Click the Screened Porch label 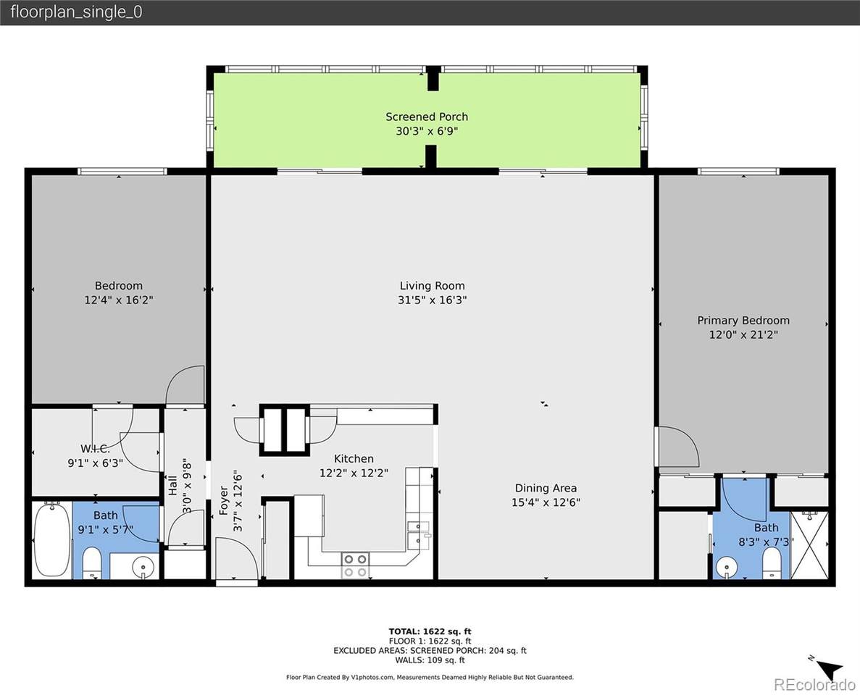426,117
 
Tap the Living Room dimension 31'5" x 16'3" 432,300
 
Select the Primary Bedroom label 743,320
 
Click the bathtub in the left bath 51,539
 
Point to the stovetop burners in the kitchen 355,565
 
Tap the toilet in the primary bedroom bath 772,562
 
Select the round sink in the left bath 144,565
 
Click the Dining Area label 546,488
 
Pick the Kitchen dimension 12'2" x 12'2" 354,473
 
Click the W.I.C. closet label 95,449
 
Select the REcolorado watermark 814,685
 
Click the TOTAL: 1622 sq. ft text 430,631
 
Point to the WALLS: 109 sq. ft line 430,660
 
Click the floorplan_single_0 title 76,12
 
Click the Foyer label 224,500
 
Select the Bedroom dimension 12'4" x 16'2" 118,300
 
